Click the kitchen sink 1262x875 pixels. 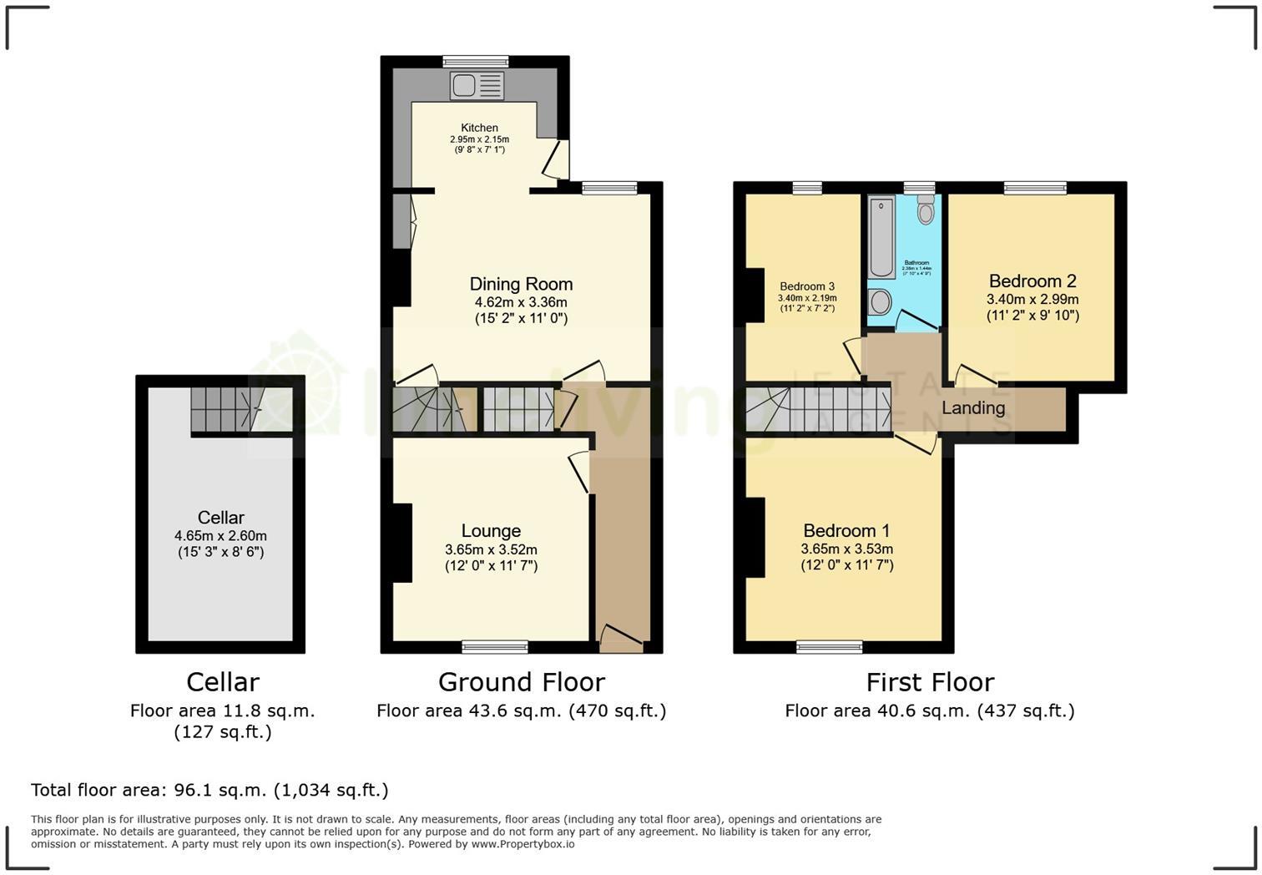pyautogui.click(x=477, y=85)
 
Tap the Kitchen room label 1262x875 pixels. pyautogui.click(x=479, y=128)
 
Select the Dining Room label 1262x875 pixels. pyautogui.click(x=521, y=284)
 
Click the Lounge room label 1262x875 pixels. pyautogui.click(x=491, y=531)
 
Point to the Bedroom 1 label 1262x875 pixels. pyautogui.click(x=846, y=531)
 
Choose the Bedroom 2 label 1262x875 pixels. pyautogui.click(x=1032, y=281)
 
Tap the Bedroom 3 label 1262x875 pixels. pyautogui.click(x=807, y=286)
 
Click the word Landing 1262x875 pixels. pyautogui.click(x=973, y=408)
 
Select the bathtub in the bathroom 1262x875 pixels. pyautogui.click(x=881, y=237)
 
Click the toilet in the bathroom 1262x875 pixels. pyautogui.click(x=925, y=210)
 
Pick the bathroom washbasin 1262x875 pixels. pyautogui.click(x=881, y=301)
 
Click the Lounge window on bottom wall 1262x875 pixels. pyautogui.click(x=495, y=646)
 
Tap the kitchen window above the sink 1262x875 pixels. pyautogui.click(x=475, y=61)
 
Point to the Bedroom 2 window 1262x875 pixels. pyautogui.click(x=1035, y=188)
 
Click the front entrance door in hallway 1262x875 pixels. pyautogui.click(x=621, y=639)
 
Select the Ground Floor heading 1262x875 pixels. pyautogui.click(x=521, y=682)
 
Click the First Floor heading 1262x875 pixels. pyautogui.click(x=930, y=682)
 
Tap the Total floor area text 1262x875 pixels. pyautogui.click(x=209, y=790)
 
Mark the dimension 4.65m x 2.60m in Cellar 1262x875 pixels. pyautogui.click(x=220, y=536)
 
